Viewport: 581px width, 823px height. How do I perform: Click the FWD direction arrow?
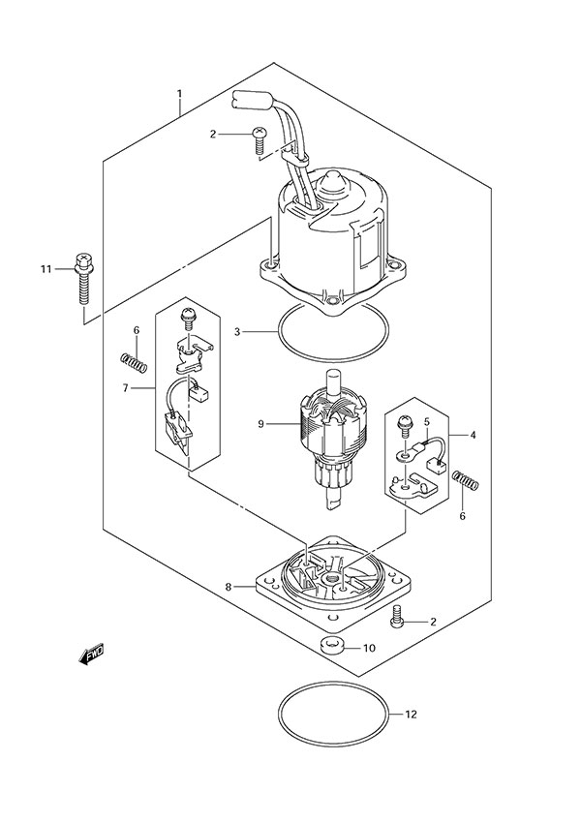pos(91,654)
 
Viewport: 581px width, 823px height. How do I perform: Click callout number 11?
pos(46,269)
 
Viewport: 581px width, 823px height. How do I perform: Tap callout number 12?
pos(411,715)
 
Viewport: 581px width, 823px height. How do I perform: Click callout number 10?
pos(369,648)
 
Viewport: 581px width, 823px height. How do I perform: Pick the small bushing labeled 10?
pos(332,645)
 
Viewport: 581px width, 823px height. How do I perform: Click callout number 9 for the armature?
pos(260,423)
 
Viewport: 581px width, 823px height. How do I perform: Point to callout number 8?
pos(229,587)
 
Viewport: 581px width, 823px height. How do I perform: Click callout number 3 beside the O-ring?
pos(237,332)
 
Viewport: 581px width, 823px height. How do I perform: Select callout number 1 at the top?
pos(179,94)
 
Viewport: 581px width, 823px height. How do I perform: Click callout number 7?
pos(126,388)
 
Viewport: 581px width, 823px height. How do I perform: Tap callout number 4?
pos(473,435)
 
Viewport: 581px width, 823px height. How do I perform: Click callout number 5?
pos(427,421)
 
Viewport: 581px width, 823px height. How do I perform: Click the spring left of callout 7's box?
pos(134,363)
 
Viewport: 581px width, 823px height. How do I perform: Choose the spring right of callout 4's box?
pos(465,480)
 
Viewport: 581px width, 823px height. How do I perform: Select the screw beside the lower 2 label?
pos(397,616)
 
